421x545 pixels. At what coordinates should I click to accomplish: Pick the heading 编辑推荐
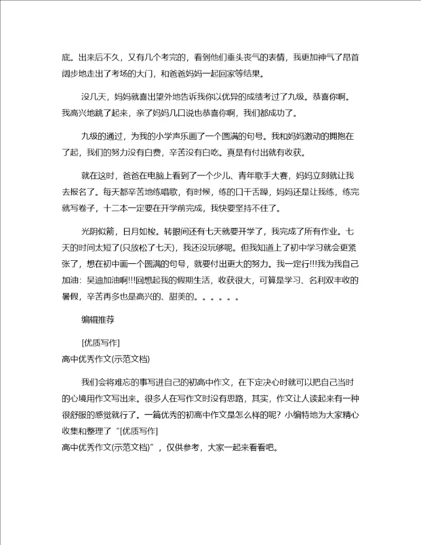[97, 319]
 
